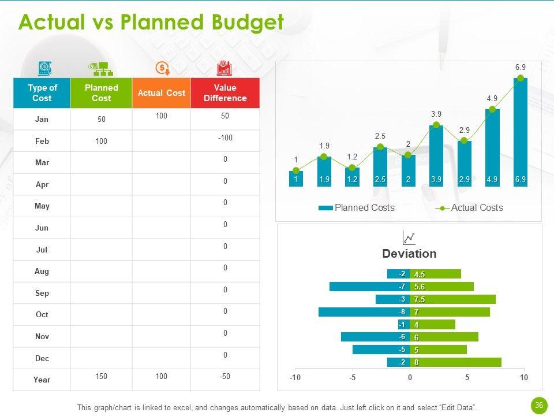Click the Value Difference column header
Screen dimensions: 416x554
click(x=225, y=93)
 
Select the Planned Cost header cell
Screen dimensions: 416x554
click(x=101, y=93)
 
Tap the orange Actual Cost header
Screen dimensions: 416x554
click(x=162, y=93)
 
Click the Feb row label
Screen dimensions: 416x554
click(x=42, y=141)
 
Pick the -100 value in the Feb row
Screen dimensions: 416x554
click(x=225, y=138)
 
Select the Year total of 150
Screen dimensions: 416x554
click(x=102, y=376)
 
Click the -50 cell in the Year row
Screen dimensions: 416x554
click(x=225, y=376)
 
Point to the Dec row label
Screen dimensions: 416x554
click(x=42, y=358)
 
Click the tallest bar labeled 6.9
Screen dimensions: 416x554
click(x=520, y=133)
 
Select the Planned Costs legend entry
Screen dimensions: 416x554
click(x=364, y=208)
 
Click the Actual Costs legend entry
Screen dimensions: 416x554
click(x=477, y=208)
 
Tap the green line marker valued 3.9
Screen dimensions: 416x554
click(x=436, y=125)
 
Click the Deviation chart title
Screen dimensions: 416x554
click(x=409, y=254)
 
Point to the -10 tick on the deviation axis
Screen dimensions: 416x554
click(x=295, y=377)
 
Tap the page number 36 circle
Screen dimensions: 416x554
click(x=539, y=406)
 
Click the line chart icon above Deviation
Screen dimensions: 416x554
click(x=409, y=237)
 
